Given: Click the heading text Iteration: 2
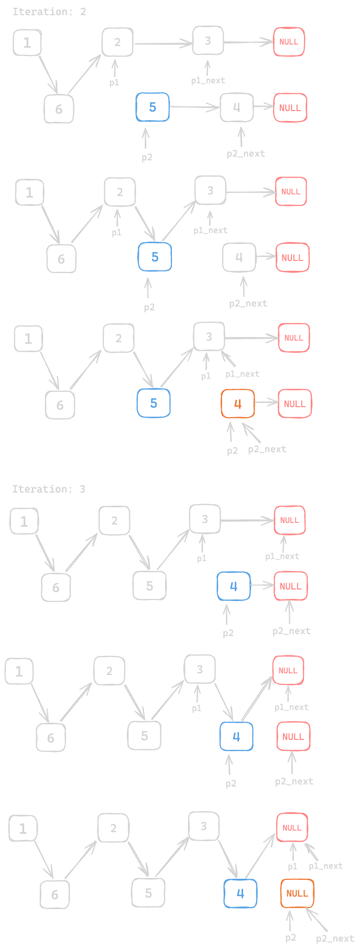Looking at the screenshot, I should click(x=49, y=12).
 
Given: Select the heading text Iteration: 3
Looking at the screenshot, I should click(x=49, y=489).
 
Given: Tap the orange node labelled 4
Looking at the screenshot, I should click(x=238, y=403).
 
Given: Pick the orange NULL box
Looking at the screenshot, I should click(x=297, y=893).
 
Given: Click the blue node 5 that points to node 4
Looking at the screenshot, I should click(x=152, y=107).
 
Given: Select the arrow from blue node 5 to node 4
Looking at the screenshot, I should click(x=194, y=107).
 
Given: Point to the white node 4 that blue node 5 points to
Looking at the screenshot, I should click(x=237, y=107).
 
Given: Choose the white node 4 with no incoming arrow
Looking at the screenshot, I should click(x=239, y=257).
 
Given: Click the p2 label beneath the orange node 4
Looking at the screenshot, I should click(x=232, y=451).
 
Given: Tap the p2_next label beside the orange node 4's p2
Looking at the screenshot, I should click(x=267, y=449).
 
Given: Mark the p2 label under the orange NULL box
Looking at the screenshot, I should click(x=290, y=937).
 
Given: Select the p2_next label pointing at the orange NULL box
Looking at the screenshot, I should click(x=335, y=939).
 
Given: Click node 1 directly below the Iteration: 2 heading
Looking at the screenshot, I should click(x=27, y=42).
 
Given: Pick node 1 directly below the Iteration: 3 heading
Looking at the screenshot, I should click(x=24, y=521).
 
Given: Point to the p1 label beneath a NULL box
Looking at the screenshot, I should click(x=292, y=866).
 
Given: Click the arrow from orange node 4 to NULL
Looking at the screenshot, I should click(x=266, y=403).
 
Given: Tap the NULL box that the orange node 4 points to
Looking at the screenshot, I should click(x=294, y=403).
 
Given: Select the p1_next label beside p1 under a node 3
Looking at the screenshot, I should click(x=242, y=374).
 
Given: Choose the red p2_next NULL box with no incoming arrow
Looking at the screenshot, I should click(x=293, y=736).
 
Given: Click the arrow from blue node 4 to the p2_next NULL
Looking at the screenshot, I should click(x=262, y=585).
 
